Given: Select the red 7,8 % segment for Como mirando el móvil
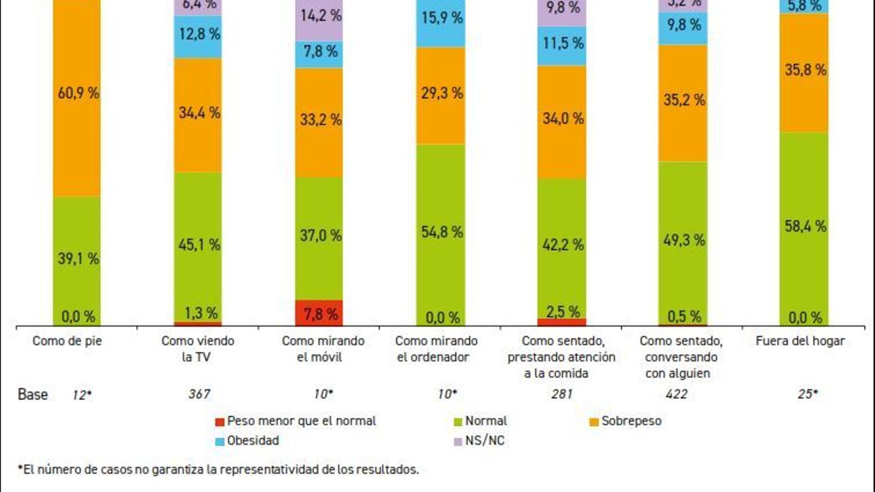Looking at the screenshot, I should [319, 313].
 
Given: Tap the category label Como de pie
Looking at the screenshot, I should [67, 341].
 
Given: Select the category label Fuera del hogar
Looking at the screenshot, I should [800, 341].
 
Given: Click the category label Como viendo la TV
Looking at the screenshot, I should [197, 349].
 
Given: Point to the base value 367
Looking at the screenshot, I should [199, 394].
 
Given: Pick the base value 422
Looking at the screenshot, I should [676, 394].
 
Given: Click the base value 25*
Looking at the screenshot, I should [807, 394].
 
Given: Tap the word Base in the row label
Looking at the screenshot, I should [33, 394].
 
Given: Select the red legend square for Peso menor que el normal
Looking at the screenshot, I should [220, 422].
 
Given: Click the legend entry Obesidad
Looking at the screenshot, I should [253, 441].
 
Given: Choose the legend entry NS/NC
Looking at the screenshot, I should [485, 441].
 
